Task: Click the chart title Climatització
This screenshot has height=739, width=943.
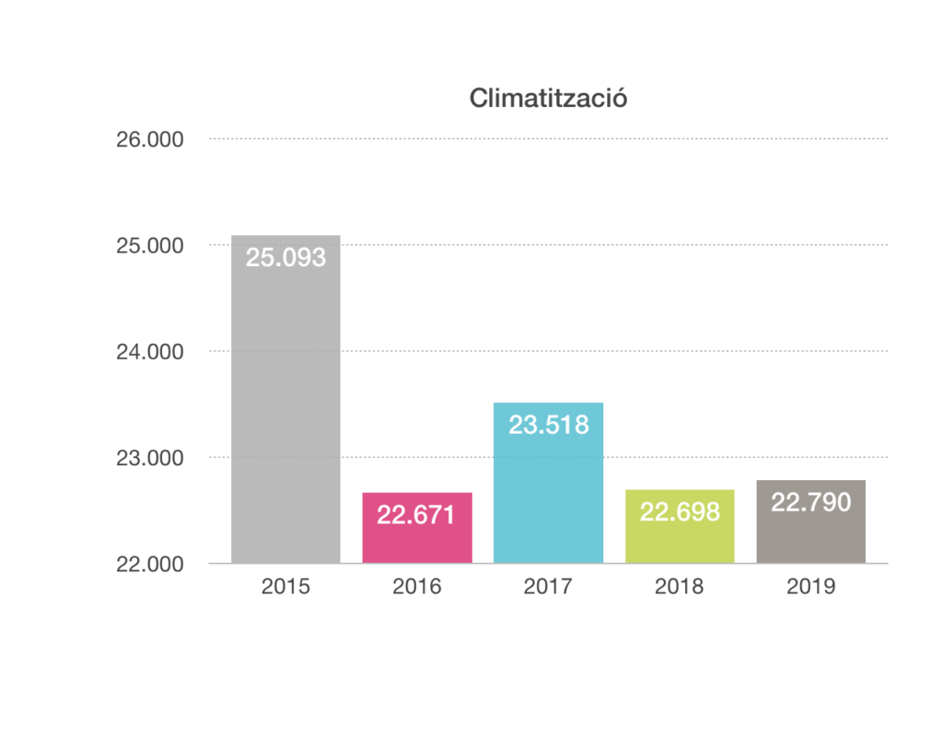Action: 548,98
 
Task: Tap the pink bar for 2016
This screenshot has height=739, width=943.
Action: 417,539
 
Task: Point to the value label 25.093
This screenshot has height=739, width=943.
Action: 285,258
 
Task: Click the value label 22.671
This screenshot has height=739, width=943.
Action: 416,515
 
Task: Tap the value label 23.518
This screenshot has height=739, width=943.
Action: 548,425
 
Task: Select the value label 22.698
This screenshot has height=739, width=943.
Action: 680,511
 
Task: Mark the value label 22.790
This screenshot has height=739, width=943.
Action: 810,502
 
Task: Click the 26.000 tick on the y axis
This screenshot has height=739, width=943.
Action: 149,140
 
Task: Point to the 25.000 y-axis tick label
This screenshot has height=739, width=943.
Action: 149,246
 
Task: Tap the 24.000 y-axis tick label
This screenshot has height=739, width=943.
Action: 149,352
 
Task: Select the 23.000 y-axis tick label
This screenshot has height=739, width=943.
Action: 149,458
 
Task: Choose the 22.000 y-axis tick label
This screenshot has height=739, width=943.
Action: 149,564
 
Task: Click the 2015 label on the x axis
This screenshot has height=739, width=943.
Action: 285,587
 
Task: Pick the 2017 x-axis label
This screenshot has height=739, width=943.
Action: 548,587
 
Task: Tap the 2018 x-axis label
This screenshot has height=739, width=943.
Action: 680,587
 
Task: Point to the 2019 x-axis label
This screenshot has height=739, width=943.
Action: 810,587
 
